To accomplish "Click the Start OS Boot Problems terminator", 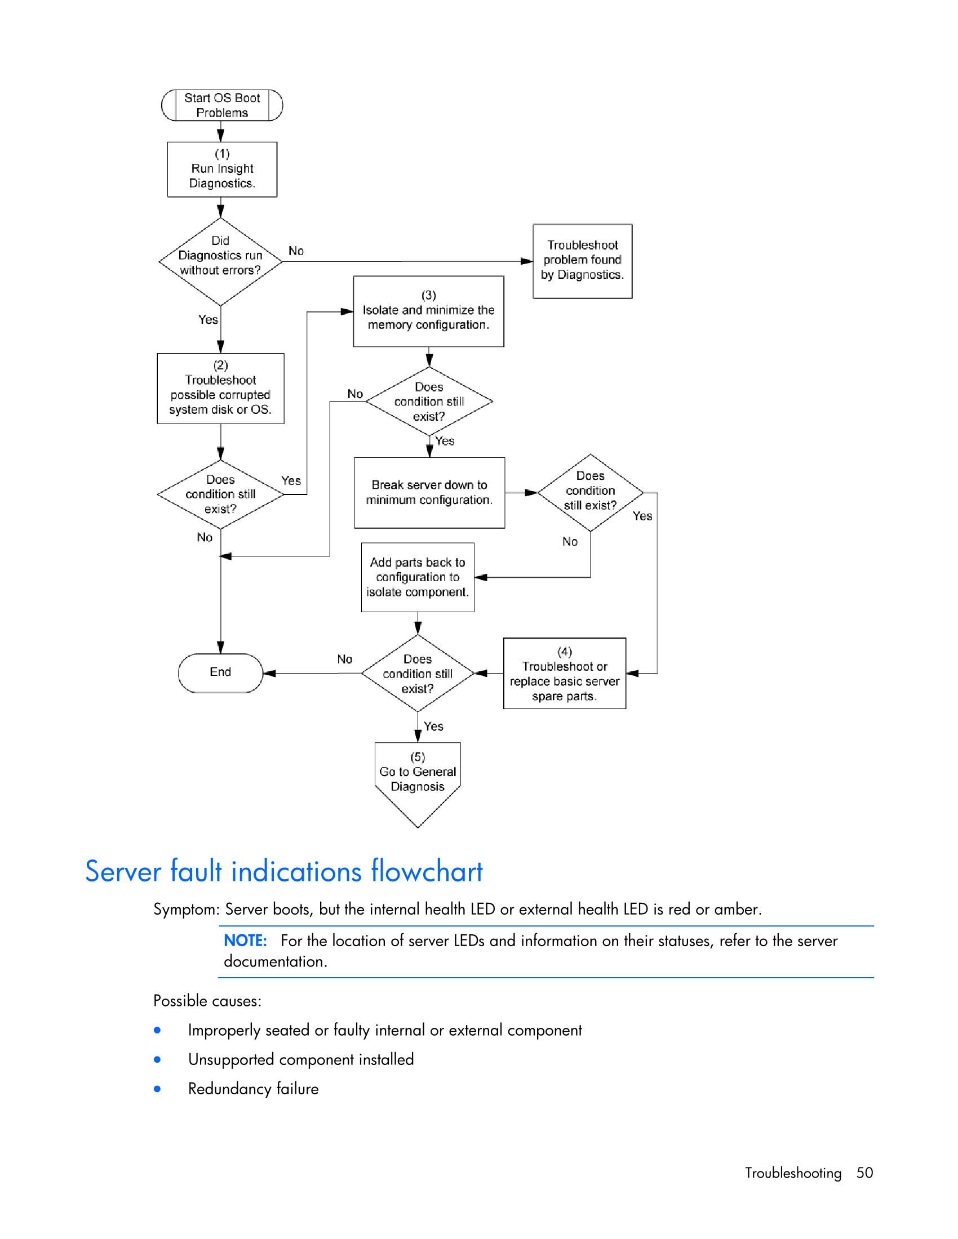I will pyautogui.click(x=222, y=105).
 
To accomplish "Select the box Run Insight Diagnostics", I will pyautogui.click(x=222, y=169).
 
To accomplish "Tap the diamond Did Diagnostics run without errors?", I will pyautogui.click(x=220, y=261).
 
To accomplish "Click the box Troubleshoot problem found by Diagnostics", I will pyautogui.click(x=582, y=261).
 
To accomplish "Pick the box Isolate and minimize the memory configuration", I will pyautogui.click(x=428, y=311).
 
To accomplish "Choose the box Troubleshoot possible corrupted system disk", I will pyautogui.click(x=220, y=389).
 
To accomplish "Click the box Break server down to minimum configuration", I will pyautogui.click(x=429, y=492).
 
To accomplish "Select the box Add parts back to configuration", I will pyautogui.click(x=417, y=577).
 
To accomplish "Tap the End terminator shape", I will pyautogui.click(x=220, y=672).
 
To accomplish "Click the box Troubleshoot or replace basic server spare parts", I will pyautogui.click(x=564, y=674).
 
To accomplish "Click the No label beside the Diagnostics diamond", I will pyautogui.click(x=296, y=251).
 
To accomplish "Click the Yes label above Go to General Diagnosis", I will pyautogui.click(x=433, y=726).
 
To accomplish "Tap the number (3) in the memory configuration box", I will pyautogui.click(x=428, y=295).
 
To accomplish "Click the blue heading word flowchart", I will pyautogui.click(x=426, y=871).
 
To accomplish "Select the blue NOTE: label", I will pyautogui.click(x=245, y=941).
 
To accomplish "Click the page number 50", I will pyautogui.click(x=864, y=1173).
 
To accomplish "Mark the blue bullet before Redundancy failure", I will pyautogui.click(x=157, y=1089).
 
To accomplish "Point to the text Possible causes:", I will pyautogui.click(x=207, y=1001).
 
